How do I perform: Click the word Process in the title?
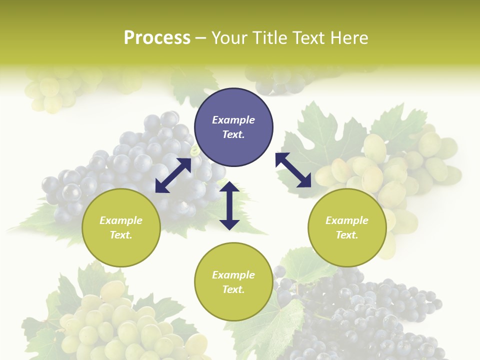[x=157, y=38]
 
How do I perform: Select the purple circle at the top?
[x=233, y=127]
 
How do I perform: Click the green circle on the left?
[x=121, y=227]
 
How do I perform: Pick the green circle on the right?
[x=347, y=227]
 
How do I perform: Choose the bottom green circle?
[x=233, y=282]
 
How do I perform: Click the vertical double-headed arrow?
[x=229, y=205]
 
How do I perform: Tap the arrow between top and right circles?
[x=293, y=170]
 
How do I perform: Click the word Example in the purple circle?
[x=233, y=120]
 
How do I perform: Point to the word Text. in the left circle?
[x=121, y=235]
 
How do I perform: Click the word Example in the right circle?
[x=347, y=220]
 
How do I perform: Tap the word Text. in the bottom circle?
[x=233, y=289]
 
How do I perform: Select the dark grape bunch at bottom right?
[x=370, y=320]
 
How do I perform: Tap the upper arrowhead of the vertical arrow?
[x=229, y=187]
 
